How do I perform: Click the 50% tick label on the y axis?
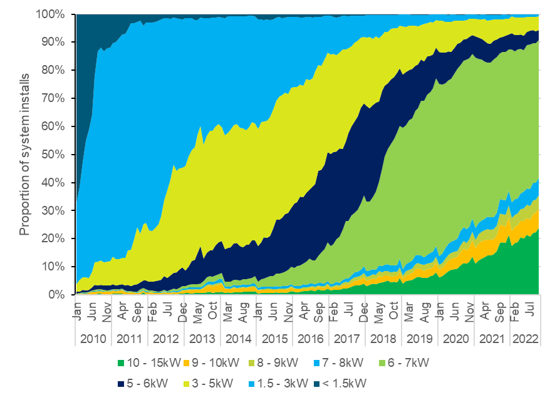(x=53, y=155)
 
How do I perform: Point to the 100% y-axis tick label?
(x=50, y=14)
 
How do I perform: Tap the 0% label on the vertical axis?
(x=56, y=295)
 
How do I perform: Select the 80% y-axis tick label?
(x=53, y=70)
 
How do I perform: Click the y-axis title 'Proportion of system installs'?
(x=24, y=155)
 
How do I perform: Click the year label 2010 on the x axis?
(x=93, y=339)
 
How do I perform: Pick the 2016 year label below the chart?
(x=311, y=339)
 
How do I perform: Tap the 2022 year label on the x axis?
(x=526, y=339)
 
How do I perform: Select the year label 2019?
(x=420, y=339)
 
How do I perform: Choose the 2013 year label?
(x=202, y=339)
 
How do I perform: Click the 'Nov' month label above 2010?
(x=106, y=312)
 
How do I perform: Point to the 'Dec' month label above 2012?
(x=182, y=312)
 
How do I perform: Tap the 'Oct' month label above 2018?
(x=393, y=311)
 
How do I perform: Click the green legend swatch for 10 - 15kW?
(x=121, y=363)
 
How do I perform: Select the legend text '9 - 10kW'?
(x=215, y=362)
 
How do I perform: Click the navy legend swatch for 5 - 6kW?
(x=121, y=384)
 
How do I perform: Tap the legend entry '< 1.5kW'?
(x=340, y=383)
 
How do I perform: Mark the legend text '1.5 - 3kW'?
(x=282, y=383)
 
